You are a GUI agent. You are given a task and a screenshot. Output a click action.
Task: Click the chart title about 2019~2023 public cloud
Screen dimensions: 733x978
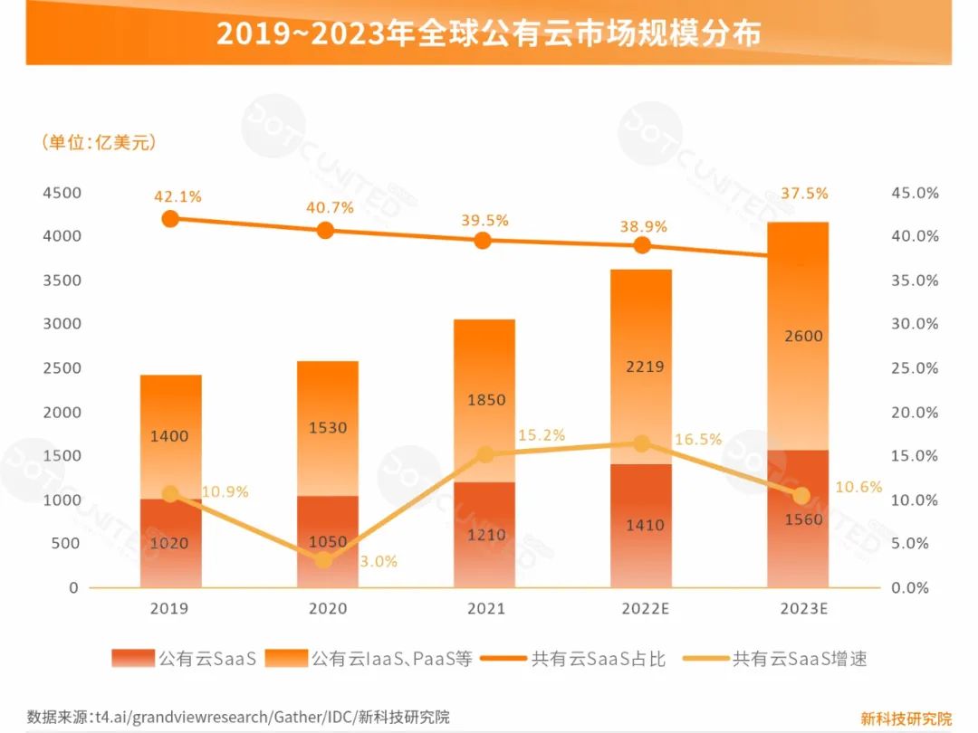(488, 33)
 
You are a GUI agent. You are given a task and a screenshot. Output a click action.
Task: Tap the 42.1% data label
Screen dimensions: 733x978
(177, 195)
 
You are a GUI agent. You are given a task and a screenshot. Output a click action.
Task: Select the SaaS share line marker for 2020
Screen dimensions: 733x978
(326, 230)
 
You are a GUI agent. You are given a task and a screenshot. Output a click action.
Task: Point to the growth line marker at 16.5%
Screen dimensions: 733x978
(642, 443)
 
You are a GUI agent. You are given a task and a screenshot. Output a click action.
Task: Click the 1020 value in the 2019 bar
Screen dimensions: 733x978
(170, 544)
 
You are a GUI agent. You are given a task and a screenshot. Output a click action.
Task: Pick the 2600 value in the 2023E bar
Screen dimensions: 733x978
(798, 336)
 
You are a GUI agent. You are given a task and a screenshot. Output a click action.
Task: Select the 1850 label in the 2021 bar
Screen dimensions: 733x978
(485, 400)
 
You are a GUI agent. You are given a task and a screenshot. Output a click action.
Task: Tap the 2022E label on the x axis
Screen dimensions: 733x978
(642, 609)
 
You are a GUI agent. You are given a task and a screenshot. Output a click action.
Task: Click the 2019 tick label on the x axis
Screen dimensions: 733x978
(170, 609)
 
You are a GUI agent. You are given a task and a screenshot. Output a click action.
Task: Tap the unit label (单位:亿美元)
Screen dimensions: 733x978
(99, 143)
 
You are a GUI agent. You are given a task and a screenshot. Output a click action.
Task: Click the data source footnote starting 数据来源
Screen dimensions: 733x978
(238, 717)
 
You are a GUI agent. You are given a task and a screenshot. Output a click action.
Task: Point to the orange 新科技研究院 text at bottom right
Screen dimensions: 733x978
(906, 719)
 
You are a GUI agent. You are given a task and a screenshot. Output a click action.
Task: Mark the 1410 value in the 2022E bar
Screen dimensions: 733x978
(642, 525)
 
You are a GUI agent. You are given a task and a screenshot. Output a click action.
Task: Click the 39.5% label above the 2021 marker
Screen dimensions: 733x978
(484, 220)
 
